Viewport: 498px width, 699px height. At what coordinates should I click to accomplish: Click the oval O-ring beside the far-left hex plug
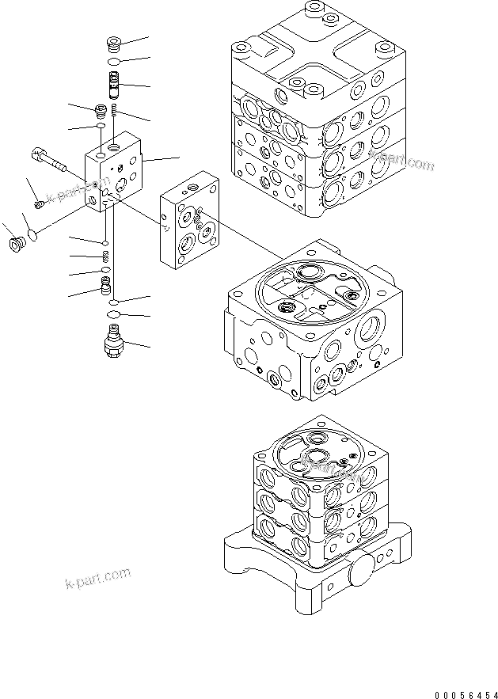pos(33,234)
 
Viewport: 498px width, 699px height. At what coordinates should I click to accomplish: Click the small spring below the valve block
pos(106,255)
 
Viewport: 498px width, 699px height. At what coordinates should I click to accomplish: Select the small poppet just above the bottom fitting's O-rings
pos(105,284)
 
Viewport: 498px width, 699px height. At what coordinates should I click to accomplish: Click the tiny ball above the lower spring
pos(105,241)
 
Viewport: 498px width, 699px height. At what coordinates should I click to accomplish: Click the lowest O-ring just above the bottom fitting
pos(113,317)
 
